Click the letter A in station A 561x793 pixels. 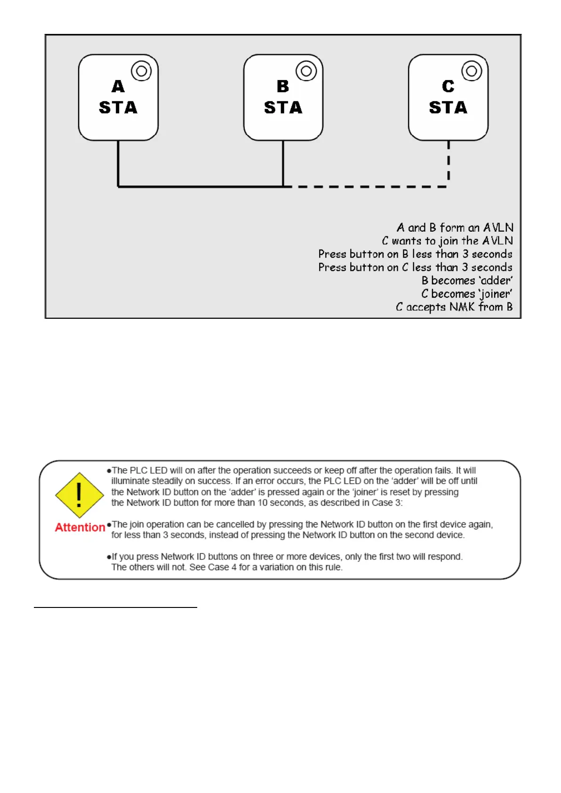(118, 87)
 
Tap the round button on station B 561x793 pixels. (306, 71)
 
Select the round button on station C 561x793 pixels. (472, 71)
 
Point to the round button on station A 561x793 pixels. (141, 71)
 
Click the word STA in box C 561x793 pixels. (448, 108)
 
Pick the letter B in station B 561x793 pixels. (283, 87)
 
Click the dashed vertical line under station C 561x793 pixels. (449, 162)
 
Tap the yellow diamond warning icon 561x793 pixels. (79, 495)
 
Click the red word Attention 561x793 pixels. (80, 527)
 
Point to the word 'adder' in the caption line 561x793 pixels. (495, 281)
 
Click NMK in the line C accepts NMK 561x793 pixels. (462, 307)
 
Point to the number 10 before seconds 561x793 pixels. (263, 503)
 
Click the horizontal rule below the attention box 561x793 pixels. (115, 607)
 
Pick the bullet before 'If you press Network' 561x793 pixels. (109, 557)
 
